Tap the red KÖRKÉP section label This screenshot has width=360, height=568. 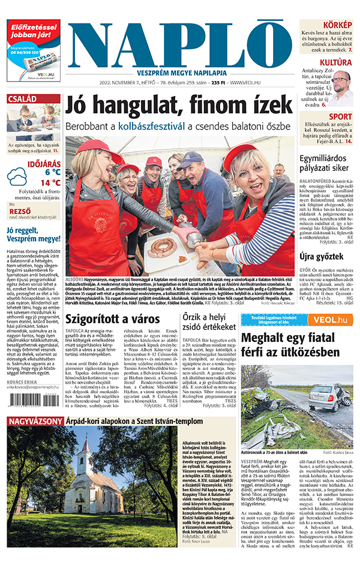pos(338,25)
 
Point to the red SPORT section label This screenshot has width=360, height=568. pos(340,116)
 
